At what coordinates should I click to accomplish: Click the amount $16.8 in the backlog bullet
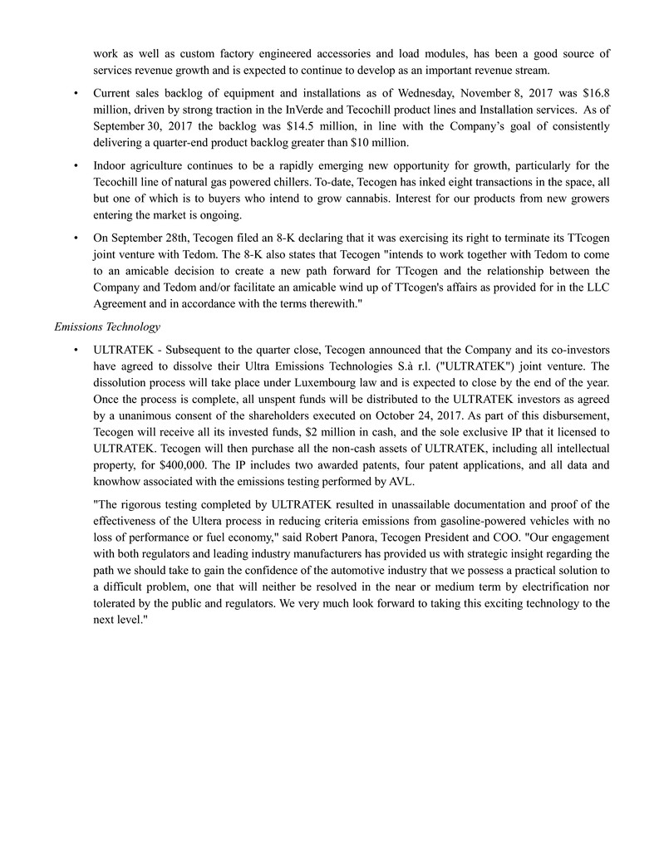coord(597,93)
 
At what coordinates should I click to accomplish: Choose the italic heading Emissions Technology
coord(107,327)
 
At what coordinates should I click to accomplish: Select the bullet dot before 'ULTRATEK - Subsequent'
coord(76,352)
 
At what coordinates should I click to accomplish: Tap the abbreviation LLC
coord(597,286)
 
